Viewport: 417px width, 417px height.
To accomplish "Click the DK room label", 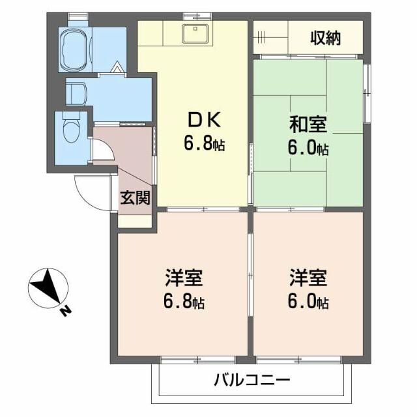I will (x=205, y=121).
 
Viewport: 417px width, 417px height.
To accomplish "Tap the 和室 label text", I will (x=307, y=123).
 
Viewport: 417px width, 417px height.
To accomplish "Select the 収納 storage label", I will (x=325, y=39).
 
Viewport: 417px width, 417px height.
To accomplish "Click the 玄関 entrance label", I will (x=136, y=197).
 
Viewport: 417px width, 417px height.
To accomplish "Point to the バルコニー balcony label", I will (x=250, y=381).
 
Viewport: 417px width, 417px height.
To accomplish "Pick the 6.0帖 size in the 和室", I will (x=308, y=148).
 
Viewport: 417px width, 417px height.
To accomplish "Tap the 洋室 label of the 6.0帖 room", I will (x=308, y=278).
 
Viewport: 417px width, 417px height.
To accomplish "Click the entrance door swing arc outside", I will (x=87, y=193).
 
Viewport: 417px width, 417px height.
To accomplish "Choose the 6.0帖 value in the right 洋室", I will (x=308, y=302).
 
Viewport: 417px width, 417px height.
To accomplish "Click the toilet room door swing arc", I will (x=104, y=151).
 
